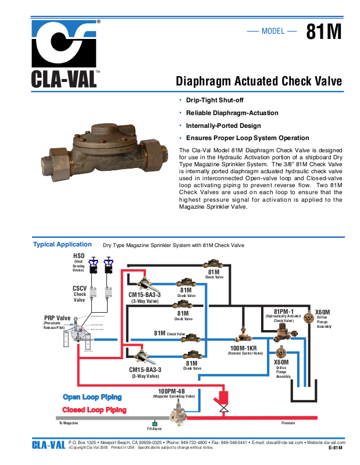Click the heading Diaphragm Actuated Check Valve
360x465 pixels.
click(259, 81)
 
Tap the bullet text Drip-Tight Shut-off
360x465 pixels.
click(214, 101)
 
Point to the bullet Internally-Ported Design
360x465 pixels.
click(223, 126)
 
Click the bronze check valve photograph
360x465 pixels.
click(97, 148)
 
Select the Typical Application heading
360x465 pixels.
click(62, 245)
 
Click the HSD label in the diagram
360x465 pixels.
click(79, 256)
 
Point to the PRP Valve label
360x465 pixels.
click(57, 319)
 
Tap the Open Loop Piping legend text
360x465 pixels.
click(92, 397)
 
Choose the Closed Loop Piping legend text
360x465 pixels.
click(94, 410)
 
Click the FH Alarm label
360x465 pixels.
click(154, 429)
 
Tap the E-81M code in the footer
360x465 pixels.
click(336, 448)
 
